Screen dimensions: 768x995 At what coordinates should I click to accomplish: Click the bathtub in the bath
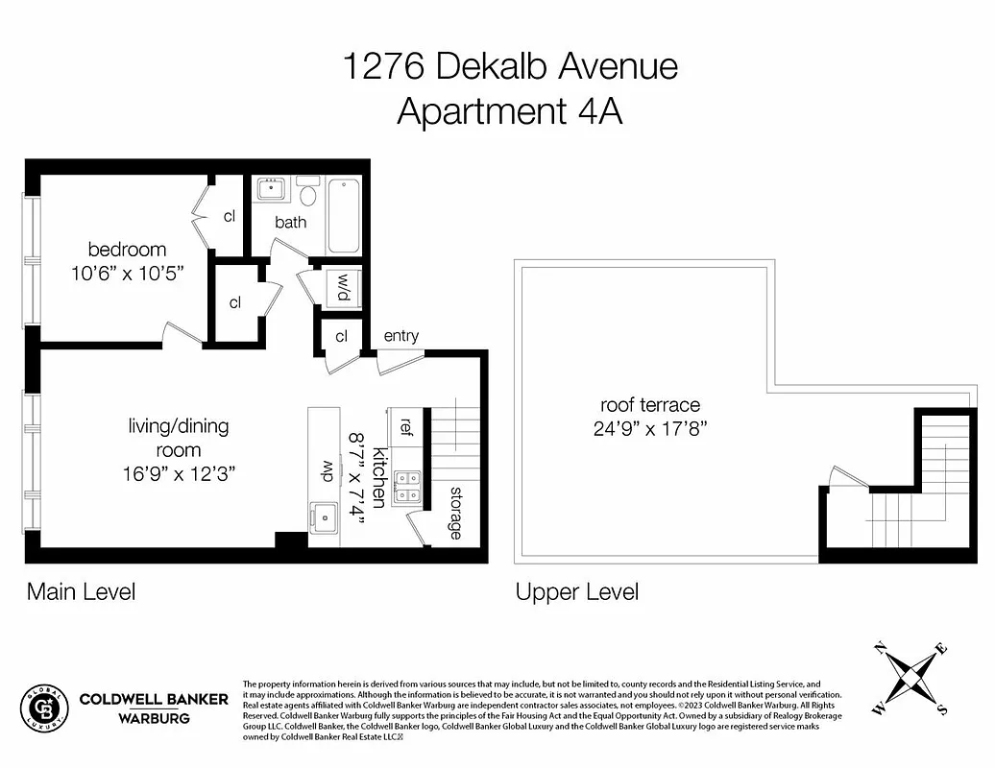343,215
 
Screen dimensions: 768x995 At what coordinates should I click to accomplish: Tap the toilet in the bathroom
308,195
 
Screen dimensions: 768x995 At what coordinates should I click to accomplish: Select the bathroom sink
271,188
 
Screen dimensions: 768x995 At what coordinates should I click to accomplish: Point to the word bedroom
127,250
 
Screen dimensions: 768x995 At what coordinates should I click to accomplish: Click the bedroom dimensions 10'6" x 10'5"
127,273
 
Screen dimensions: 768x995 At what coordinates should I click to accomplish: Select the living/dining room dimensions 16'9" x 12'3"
179,473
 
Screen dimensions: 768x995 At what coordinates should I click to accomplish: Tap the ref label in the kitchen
405,425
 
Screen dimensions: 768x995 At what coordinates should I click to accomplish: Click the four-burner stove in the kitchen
407,488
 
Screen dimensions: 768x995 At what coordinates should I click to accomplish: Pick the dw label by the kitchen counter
326,471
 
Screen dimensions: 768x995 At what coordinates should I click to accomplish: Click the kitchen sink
323,516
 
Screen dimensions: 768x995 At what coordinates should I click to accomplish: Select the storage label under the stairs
455,513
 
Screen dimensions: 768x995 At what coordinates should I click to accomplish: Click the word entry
400,336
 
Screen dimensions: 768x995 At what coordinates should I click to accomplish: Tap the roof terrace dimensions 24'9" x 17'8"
650,428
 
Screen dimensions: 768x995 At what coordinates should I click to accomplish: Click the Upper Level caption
576,592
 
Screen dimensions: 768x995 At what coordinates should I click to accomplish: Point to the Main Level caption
81,591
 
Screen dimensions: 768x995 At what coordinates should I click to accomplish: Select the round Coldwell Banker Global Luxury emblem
45,708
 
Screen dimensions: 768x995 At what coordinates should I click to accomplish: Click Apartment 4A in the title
509,112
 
